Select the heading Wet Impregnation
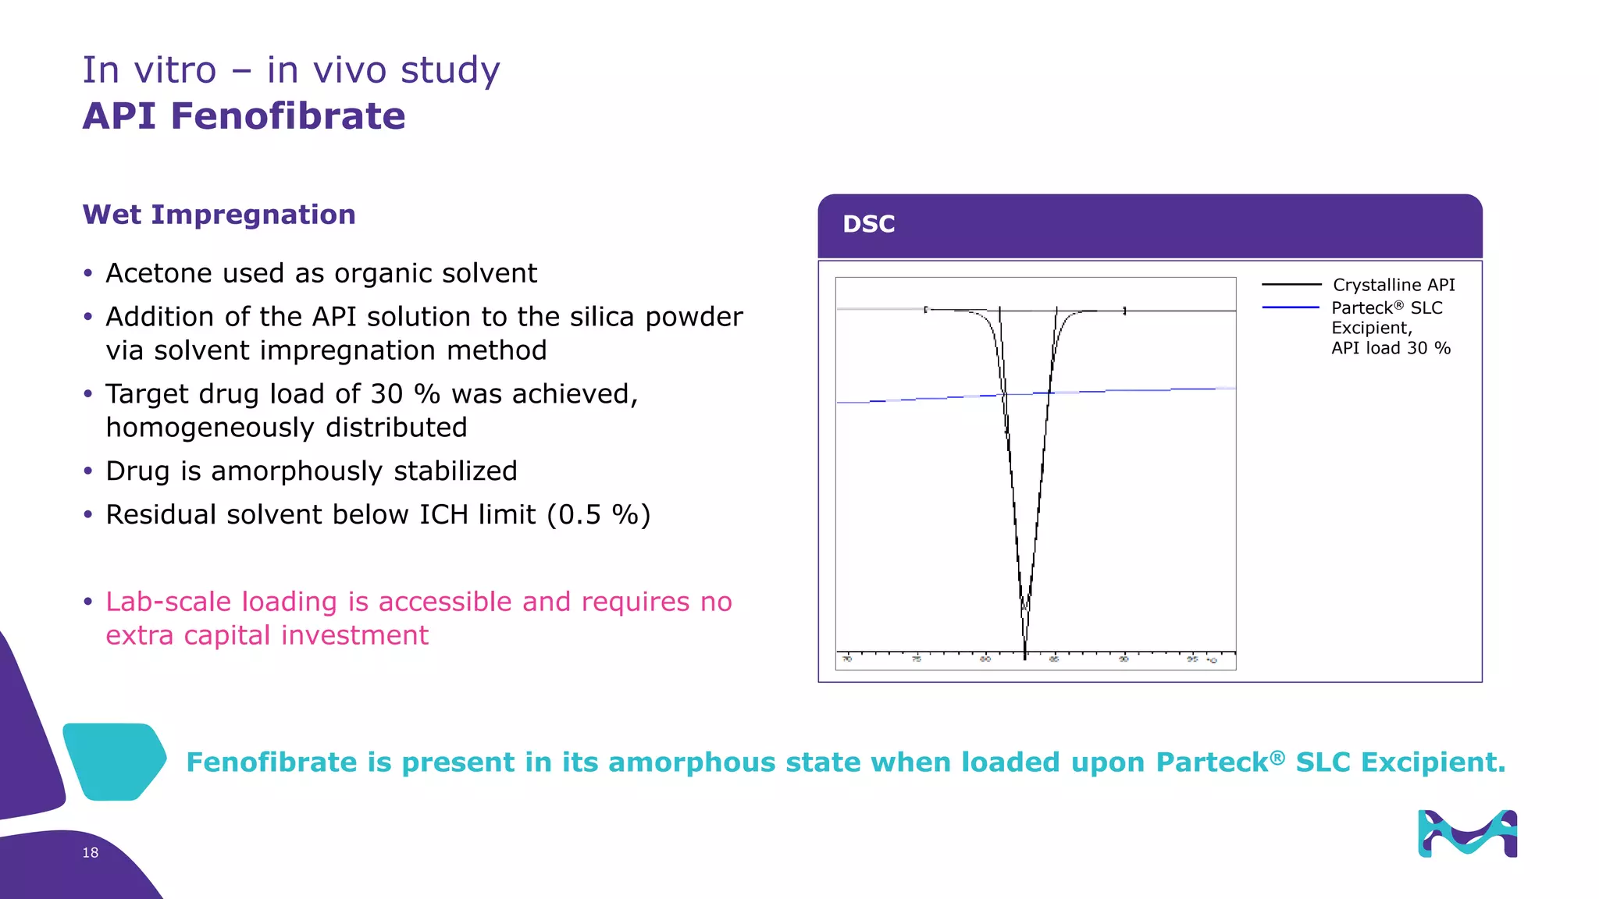(219, 215)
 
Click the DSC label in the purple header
(868, 224)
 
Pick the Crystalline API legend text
(1394, 285)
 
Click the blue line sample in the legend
(1290, 307)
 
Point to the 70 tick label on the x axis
(847, 659)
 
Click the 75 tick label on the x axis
(917, 659)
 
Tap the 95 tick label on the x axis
(1192, 659)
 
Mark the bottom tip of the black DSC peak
(1025, 656)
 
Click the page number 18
(91, 853)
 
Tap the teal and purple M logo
(1467, 833)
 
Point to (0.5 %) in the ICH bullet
(599, 515)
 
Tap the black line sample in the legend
(1291, 285)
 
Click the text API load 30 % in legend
(1391, 348)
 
